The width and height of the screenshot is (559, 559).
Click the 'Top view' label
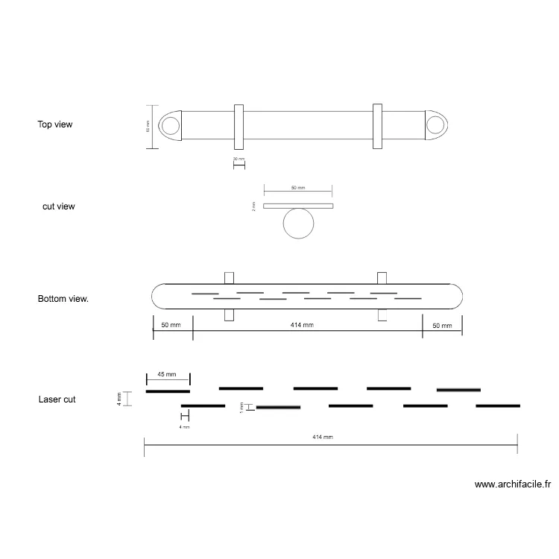(55, 124)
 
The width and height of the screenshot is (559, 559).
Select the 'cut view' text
(58, 206)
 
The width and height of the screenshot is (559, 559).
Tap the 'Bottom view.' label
(63, 299)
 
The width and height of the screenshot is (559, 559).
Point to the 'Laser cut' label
(57, 399)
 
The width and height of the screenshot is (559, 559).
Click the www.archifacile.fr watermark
(513, 484)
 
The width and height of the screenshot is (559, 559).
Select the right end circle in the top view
(435, 125)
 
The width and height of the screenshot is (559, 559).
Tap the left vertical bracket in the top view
(239, 126)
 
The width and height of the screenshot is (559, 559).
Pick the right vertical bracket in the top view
(377, 126)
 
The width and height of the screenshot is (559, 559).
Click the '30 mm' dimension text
(239, 160)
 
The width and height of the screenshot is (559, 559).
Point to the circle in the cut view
(299, 223)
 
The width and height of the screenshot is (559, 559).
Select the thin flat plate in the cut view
(299, 206)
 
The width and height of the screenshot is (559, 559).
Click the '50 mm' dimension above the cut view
(298, 188)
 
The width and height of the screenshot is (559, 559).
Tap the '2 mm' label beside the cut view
(253, 206)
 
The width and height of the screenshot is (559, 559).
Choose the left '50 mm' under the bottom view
(171, 326)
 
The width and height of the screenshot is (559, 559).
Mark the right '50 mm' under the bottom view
(442, 326)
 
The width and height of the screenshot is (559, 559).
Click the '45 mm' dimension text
(166, 374)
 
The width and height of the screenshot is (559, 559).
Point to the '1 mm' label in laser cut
(241, 407)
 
